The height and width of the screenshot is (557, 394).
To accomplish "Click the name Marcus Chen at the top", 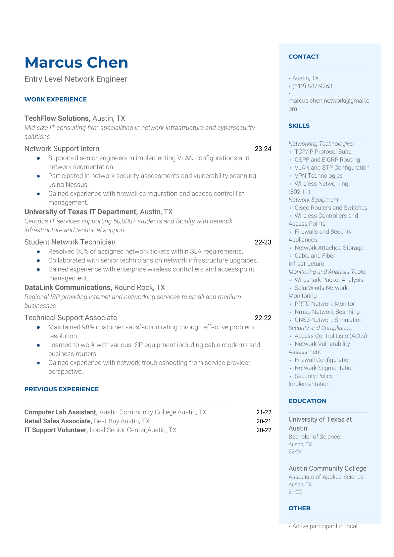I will coord(76,63).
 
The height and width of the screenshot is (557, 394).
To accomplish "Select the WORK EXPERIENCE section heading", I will coord(56,99).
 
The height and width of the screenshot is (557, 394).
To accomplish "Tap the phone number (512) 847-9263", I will coord(312,86).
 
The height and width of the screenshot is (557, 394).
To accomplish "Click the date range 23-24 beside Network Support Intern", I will coord(263,149).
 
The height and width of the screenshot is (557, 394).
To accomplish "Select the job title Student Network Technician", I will coord(70,242).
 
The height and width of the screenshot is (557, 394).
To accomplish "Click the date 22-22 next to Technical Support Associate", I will coord(263,318).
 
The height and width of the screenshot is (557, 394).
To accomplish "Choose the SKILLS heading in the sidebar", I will coord(299,126).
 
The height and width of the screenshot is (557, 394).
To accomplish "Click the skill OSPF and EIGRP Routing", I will coord(327,160).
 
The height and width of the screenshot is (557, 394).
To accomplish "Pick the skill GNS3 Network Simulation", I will coord(328,320).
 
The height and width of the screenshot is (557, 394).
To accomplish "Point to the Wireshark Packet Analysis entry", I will coord(329,280).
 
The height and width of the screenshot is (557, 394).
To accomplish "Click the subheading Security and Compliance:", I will coord(320,328).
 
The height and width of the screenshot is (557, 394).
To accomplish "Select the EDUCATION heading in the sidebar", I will coord(307,401).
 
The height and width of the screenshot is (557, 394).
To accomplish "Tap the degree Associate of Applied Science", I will coord(326,477).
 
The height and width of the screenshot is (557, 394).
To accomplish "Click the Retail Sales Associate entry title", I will coord(58,421).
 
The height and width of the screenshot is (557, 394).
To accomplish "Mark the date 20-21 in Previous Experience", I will coord(264,421).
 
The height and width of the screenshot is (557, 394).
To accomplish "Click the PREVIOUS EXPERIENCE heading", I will coord(62,389).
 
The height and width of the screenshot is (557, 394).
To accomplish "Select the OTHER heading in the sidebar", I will coord(299,508).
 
